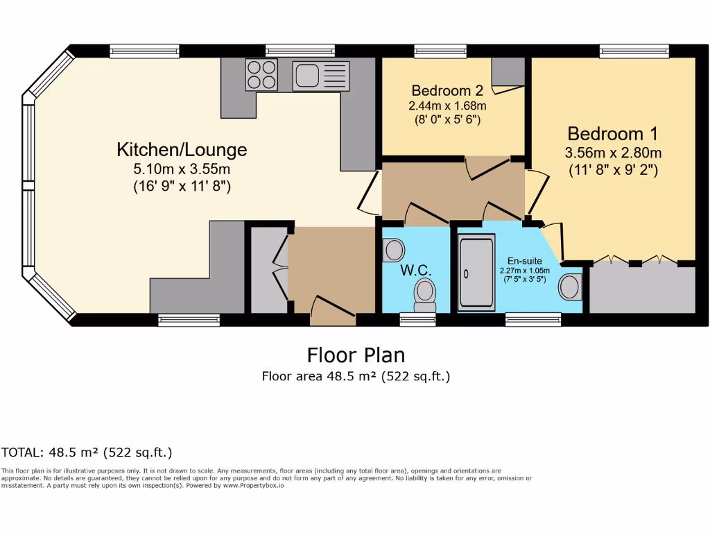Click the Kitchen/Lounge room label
(182, 149)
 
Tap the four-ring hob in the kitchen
(261, 74)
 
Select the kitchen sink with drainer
(321, 75)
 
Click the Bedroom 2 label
(447, 90)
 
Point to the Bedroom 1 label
(612, 134)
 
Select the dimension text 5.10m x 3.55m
(182, 169)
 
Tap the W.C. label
(415, 269)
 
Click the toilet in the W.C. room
(424, 294)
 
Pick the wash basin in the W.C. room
(393, 249)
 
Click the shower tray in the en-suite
(476, 271)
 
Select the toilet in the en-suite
(570, 287)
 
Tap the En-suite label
(525, 261)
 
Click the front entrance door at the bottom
(333, 310)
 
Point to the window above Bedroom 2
(440, 51)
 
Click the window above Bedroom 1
(634, 51)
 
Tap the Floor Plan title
(356, 355)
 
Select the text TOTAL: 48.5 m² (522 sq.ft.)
(87, 452)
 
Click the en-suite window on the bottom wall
(532, 319)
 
